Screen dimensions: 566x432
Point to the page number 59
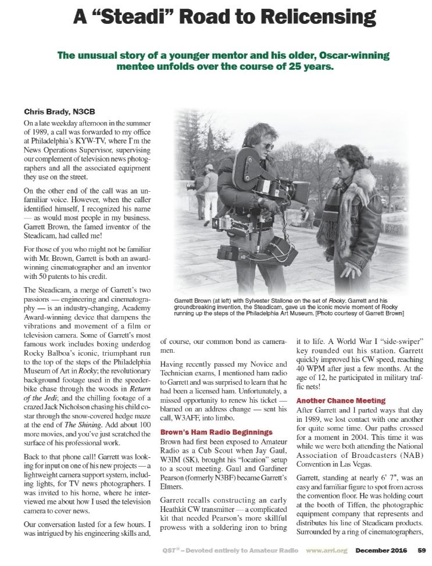point(422,550)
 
